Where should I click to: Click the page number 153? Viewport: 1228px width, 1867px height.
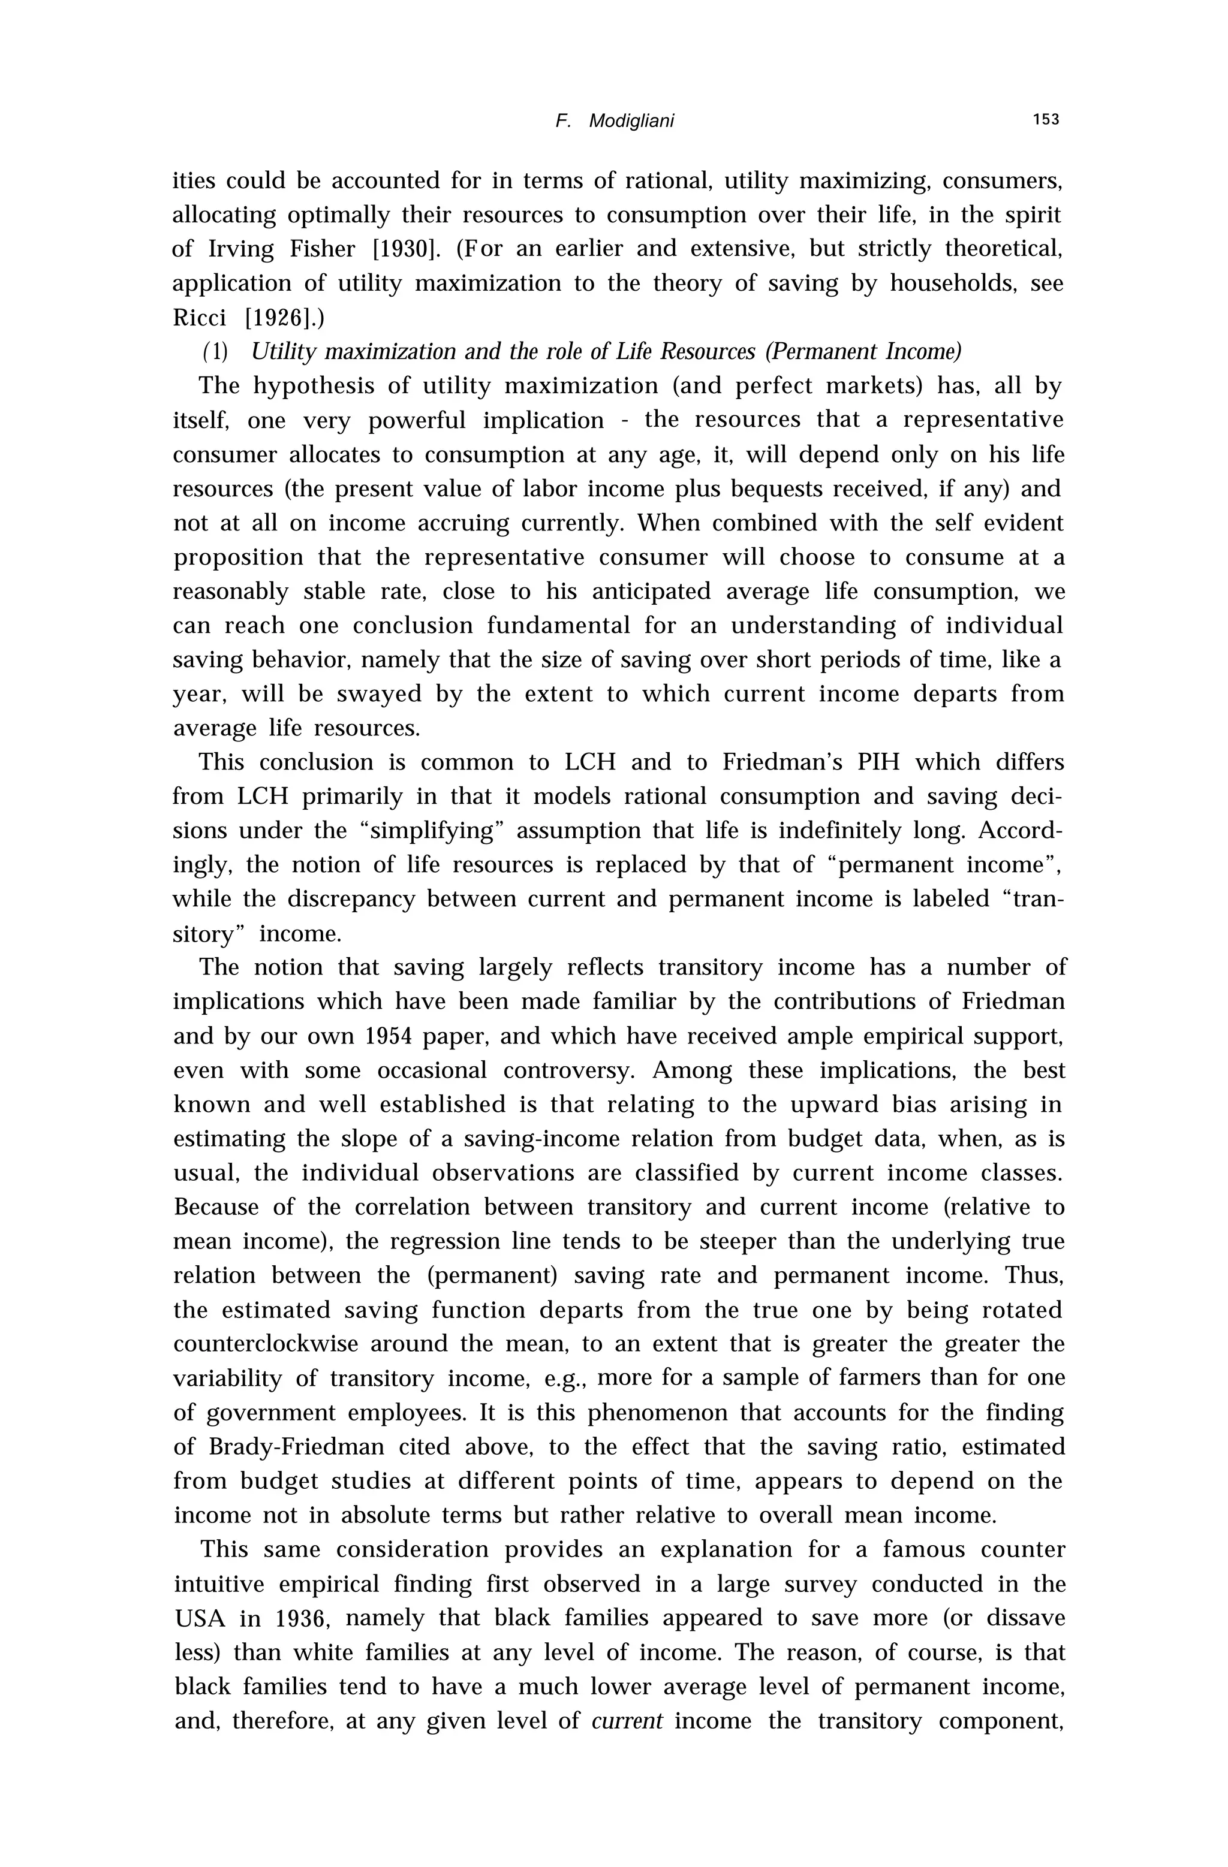(x=1046, y=120)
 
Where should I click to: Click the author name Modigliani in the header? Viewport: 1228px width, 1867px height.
(x=631, y=122)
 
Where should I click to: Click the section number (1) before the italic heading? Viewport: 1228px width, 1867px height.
(x=215, y=352)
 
